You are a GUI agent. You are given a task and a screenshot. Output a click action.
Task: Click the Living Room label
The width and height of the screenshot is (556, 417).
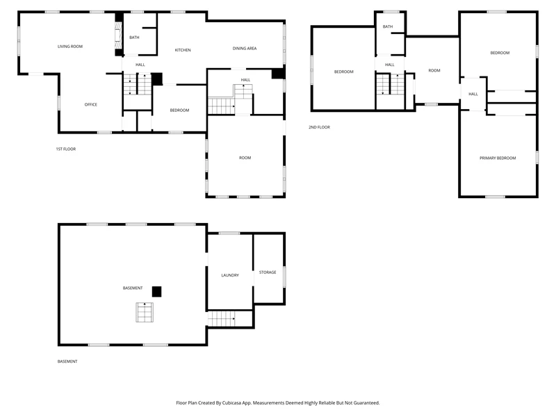click(x=70, y=47)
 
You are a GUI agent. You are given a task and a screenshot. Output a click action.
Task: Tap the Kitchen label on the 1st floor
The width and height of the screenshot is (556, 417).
click(x=183, y=50)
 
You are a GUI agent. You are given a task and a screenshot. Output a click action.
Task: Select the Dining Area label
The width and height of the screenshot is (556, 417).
click(x=245, y=49)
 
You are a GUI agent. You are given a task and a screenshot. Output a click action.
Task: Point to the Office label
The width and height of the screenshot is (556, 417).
click(x=91, y=105)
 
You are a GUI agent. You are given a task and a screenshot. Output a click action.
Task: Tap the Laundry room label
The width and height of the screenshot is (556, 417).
click(x=230, y=275)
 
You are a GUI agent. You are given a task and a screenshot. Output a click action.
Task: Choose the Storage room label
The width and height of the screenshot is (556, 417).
click(x=268, y=272)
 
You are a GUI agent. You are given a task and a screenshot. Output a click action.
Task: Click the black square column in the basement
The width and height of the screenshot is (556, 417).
click(x=157, y=291)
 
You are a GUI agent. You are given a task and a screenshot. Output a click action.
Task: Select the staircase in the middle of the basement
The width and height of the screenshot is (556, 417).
click(x=145, y=312)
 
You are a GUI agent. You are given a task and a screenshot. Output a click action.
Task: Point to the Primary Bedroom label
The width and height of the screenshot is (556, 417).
click(x=498, y=158)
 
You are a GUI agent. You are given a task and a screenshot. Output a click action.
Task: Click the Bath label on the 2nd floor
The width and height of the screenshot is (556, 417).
click(x=388, y=26)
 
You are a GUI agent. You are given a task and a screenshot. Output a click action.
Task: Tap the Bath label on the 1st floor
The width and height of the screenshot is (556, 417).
click(x=134, y=38)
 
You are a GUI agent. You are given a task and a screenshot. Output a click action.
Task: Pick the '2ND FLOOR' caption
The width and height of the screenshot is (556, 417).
click(x=319, y=127)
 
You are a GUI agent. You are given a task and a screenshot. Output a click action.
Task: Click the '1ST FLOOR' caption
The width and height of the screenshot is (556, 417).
click(x=66, y=149)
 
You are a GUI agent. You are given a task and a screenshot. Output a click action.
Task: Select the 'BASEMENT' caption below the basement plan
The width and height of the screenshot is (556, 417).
click(x=67, y=361)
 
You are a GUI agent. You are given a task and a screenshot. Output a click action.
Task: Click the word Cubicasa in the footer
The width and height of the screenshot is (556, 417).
click(x=231, y=403)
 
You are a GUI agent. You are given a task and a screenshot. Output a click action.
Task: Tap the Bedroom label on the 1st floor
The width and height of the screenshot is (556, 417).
click(x=179, y=111)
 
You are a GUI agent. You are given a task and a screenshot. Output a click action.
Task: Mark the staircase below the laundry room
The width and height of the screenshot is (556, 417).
click(x=222, y=318)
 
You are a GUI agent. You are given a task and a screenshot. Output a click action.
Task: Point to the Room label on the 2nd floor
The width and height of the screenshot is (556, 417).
click(x=434, y=71)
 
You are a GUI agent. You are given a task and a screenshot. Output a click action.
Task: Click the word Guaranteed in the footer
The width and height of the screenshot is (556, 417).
click(x=366, y=403)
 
